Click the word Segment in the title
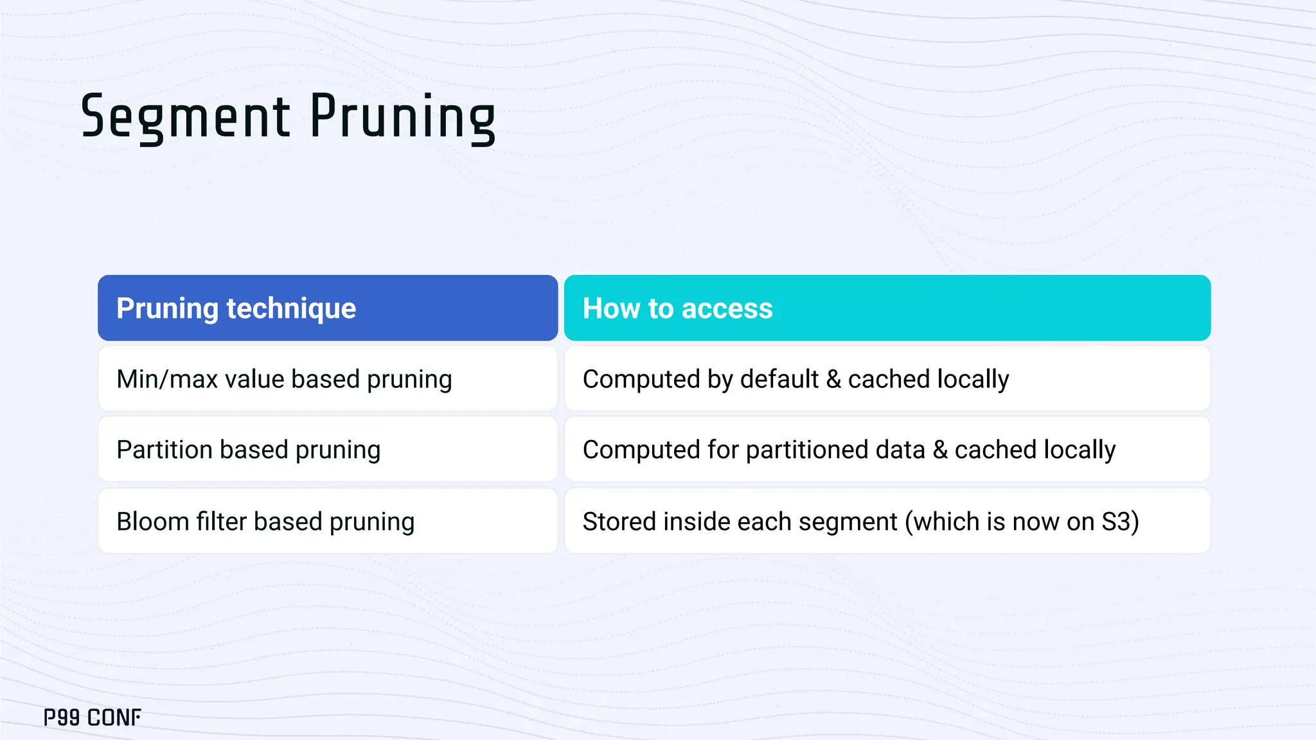185,117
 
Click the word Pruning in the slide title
402,117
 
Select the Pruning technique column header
327,308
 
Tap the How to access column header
887,308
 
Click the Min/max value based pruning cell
327,379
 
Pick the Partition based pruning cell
327,450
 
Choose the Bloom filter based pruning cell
327,521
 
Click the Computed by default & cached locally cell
887,379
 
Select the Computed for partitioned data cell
887,450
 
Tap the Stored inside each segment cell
887,521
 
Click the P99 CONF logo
92,718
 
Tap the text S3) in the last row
1120,521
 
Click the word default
779,379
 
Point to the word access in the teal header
727,308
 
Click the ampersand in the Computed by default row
833,379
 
